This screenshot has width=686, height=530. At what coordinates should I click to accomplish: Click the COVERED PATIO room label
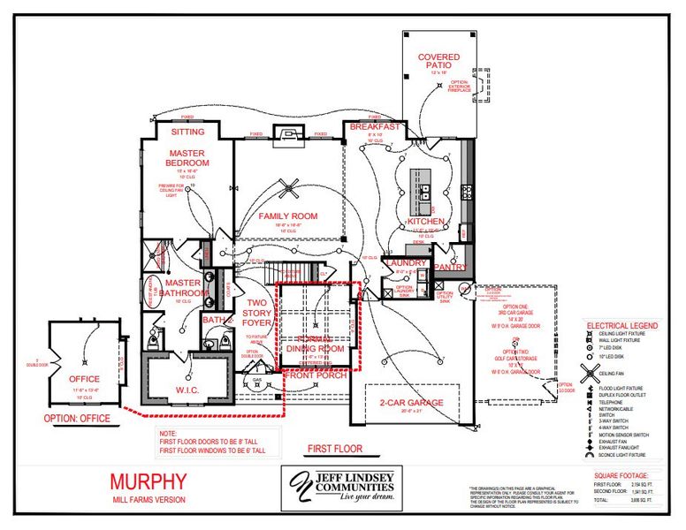[x=438, y=62]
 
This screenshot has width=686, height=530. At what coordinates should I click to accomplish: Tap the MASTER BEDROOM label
[x=187, y=158]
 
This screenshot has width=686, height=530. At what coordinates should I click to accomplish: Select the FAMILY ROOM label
[x=287, y=216]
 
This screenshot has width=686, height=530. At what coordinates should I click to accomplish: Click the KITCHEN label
[x=424, y=221]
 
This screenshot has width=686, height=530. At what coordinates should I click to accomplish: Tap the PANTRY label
[x=451, y=267]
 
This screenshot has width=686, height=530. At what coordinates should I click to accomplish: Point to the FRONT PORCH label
[x=316, y=375]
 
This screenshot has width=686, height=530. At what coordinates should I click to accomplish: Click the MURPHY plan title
[x=149, y=481]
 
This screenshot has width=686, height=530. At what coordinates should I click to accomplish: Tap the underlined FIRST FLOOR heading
[x=335, y=449]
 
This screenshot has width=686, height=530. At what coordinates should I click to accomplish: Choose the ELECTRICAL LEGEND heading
[x=622, y=326]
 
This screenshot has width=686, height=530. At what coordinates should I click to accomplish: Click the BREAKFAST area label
[x=375, y=127]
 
